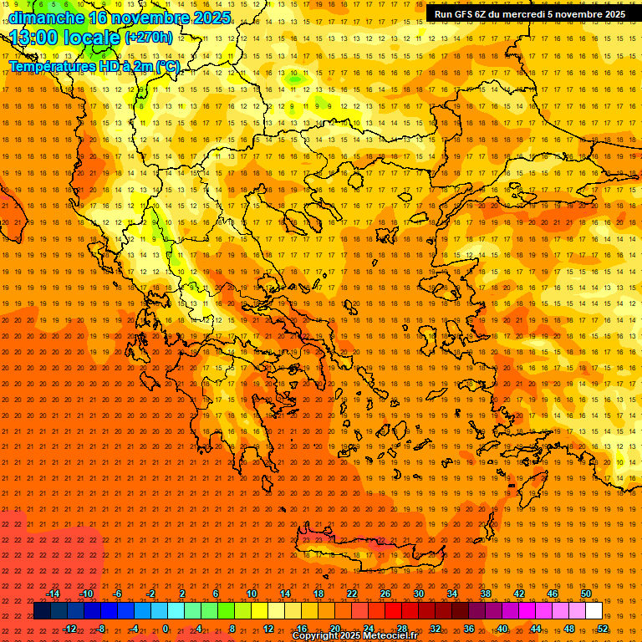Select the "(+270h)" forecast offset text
click(149, 38)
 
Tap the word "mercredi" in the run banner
click(525, 14)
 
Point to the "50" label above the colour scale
click(586, 594)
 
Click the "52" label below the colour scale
click(603, 629)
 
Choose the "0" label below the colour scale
click(166, 629)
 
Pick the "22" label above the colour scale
click(352, 594)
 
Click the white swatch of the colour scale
click(594, 611)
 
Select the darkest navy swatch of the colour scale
click(42, 611)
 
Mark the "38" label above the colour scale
click(486, 594)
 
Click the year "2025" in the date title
click(204, 18)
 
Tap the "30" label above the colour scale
click(419, 594)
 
